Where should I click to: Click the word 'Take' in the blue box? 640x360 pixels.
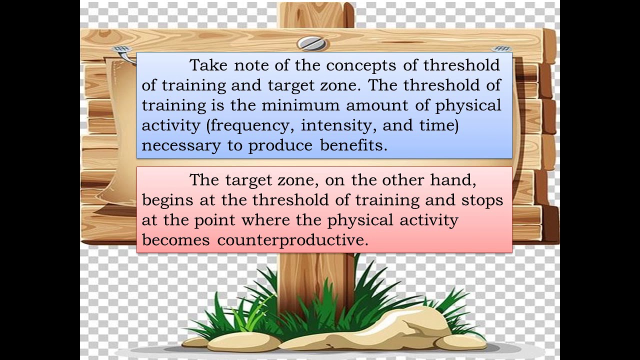[x=206, y=65]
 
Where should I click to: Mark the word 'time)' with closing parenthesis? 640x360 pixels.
[x=439, y=125]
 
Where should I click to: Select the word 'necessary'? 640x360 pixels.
[x=181, y=146]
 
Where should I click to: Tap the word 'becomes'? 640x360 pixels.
[x=175, y=240]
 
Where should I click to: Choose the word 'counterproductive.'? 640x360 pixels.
[x=292, y=240]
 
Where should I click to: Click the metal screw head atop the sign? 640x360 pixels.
[x=312, y=43]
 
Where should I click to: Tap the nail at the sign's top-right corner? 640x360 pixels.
[x=502, y=49]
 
